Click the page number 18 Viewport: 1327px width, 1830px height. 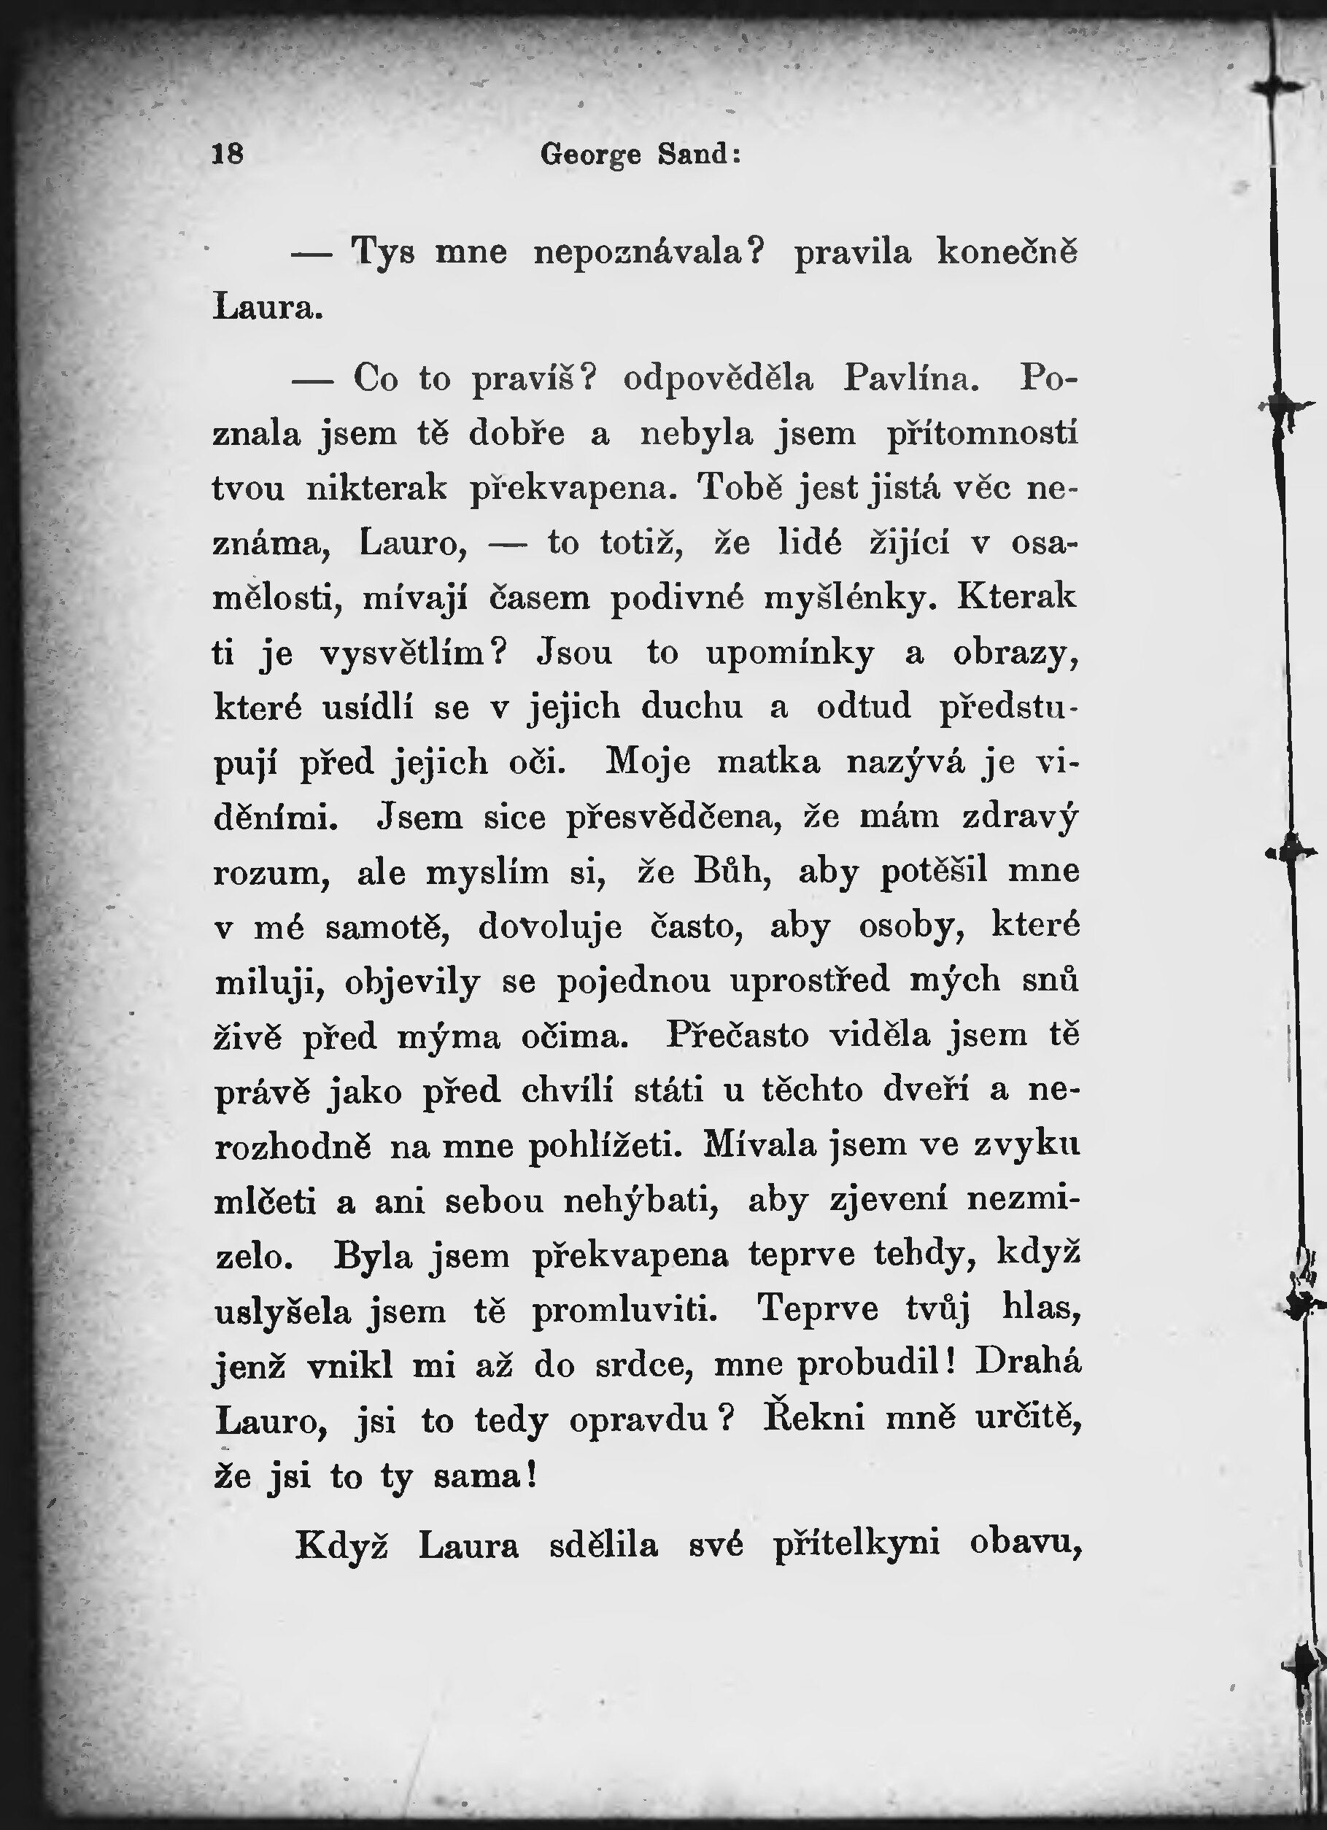(x=228, y=153)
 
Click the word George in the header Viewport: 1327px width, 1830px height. (x=591, y=154)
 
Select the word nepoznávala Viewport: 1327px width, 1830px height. (x=648, y=253)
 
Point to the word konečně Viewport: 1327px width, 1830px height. (x=1007, y=252)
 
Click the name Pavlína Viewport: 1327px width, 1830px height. (x=911, y=378)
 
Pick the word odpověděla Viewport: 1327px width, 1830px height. (x=719, y=379)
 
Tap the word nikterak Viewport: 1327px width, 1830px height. (x=376, y=487)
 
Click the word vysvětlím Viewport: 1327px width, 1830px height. (x=411, y=653)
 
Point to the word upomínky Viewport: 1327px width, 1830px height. (x=790, y=653)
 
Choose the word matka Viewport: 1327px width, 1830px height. (x=768, y=761)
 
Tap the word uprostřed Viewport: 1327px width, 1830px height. (x=810, y=981)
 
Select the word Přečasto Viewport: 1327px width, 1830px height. (x=737, y=1036)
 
